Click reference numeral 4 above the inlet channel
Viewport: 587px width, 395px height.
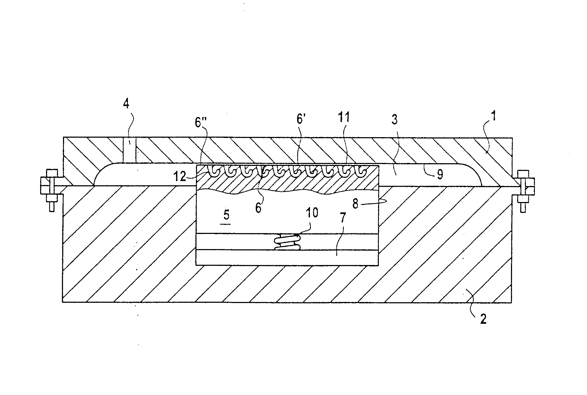coord(126,103)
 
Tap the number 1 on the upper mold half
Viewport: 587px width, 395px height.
coord(493,116)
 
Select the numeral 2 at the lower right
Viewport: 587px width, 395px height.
coord(483,319)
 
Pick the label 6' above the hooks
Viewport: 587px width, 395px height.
coord(300,119)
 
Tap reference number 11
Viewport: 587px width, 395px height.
coord(343,117)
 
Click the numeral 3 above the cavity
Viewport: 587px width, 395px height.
coord(395,119)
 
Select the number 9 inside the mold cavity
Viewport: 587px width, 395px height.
coord(440,174)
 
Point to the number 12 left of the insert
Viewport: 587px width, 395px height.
coord(180,176)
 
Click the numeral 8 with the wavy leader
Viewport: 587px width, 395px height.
coord(355,204)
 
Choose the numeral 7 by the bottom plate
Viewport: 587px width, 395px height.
coord(343,218)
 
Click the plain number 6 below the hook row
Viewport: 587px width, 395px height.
coord(258,208)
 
